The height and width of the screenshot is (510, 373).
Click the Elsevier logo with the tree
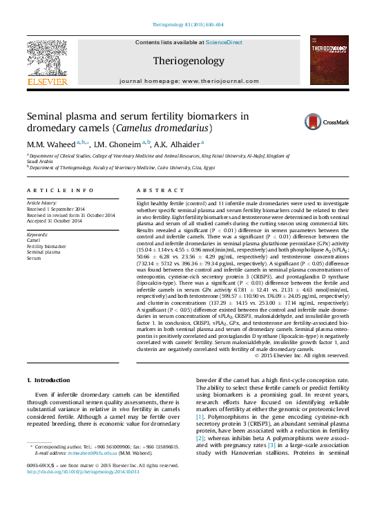point(47,63)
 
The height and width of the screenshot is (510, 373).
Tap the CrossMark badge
point(327,122)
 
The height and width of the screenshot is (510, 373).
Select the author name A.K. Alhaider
point(176,144)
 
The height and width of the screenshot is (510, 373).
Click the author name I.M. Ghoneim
point(118,144)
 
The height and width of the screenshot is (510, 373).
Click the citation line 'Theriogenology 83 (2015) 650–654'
point(187,25)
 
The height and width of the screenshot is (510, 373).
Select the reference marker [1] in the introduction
point(200,417)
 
